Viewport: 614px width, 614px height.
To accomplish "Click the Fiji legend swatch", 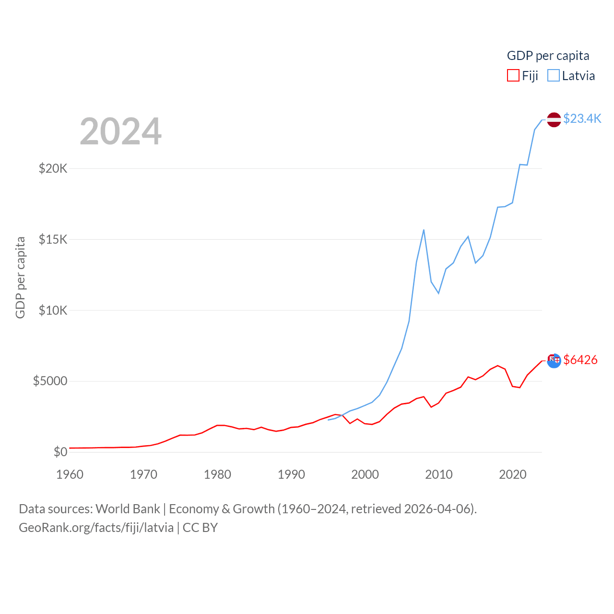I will coord(513,76).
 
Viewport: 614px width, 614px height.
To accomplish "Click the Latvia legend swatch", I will coord(554,76).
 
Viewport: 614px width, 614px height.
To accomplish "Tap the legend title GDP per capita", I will coord(548,56).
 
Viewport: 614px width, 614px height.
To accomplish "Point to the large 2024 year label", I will coord(120,131).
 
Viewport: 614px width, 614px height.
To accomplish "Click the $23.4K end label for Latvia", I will coord(582,118).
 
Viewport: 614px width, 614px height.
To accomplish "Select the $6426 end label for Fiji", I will coord(580,360).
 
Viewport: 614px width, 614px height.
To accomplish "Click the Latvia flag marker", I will coord(554,119).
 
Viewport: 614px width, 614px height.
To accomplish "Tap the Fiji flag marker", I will coord(554,361).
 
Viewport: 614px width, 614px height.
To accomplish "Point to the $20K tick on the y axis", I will coord(53,168).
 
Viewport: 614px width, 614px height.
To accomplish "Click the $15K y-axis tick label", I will coord(53,239).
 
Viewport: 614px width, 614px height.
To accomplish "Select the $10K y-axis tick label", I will coord(53,310).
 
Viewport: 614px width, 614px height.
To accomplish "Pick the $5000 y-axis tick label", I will coord(50,381).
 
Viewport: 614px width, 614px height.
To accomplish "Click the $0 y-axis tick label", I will coord(60,452).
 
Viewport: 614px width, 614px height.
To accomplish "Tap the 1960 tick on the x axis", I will coord(70,474).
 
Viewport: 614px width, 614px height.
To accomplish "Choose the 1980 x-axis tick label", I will coord(217,474).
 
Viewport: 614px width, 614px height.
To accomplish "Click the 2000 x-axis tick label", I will coord(365,474).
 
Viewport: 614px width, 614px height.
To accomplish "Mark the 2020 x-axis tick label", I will coord(513,474).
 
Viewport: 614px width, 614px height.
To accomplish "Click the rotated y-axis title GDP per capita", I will coord(20,277).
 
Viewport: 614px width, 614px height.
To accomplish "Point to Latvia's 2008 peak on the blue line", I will coord(424,230).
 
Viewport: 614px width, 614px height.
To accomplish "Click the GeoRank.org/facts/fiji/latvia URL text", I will coord(96,528).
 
